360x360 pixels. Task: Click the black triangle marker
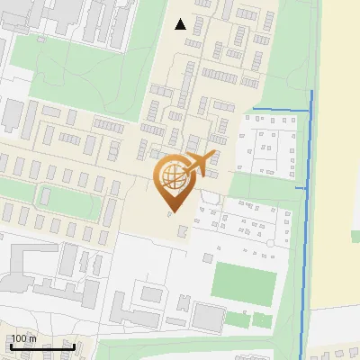[181, 24]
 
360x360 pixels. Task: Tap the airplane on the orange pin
[199, 165]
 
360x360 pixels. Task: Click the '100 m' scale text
[24, 338]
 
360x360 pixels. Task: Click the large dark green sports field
[243, 283]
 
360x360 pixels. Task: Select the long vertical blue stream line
[305, 225]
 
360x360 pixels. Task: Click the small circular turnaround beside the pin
[210, 196]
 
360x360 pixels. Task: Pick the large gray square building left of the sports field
[208, 316]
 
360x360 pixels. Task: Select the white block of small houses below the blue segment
[267, 147]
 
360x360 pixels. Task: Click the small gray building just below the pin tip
[183, 232]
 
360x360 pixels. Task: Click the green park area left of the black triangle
[99, 63]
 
